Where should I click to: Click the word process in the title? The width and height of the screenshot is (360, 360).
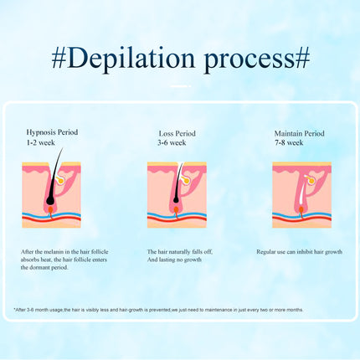[249, 60]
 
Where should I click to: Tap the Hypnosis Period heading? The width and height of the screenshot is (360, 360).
[52, 132]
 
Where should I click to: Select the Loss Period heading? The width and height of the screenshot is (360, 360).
[177, 133]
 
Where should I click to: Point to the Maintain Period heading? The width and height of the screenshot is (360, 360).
[299, 133]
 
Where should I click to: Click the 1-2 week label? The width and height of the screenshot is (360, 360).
[41, 142]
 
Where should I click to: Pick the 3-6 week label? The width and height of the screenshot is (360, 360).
[172, 142]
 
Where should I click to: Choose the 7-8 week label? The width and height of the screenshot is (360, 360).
[289, 142]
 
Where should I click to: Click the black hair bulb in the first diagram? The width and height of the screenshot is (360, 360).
[50, 199]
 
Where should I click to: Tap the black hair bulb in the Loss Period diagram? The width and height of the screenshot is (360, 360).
[176, 199]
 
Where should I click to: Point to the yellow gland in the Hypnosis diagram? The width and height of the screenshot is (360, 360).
[59, 180]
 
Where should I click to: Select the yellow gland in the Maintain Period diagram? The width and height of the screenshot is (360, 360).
[311, 180]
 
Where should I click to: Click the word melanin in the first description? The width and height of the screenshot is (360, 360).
[54, 252]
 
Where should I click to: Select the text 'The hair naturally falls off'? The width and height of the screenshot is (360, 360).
[180, 252]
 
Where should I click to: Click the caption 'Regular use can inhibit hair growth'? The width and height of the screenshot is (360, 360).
[299, 252]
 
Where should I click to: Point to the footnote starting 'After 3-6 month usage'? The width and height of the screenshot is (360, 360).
[158, 310]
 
